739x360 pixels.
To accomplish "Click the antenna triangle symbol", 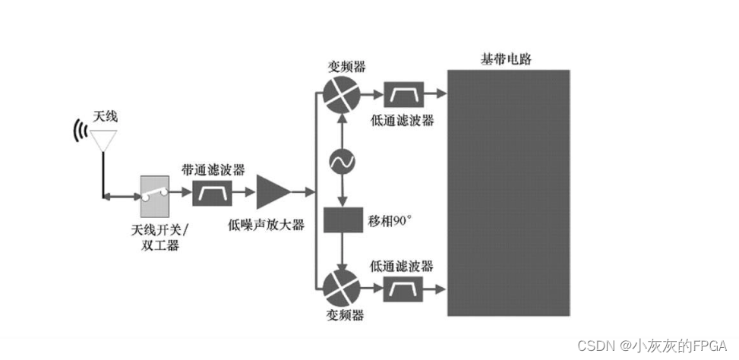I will point(104,138).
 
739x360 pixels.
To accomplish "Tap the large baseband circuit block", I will point(508,192).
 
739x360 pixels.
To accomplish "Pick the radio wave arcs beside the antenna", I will point(79,131).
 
